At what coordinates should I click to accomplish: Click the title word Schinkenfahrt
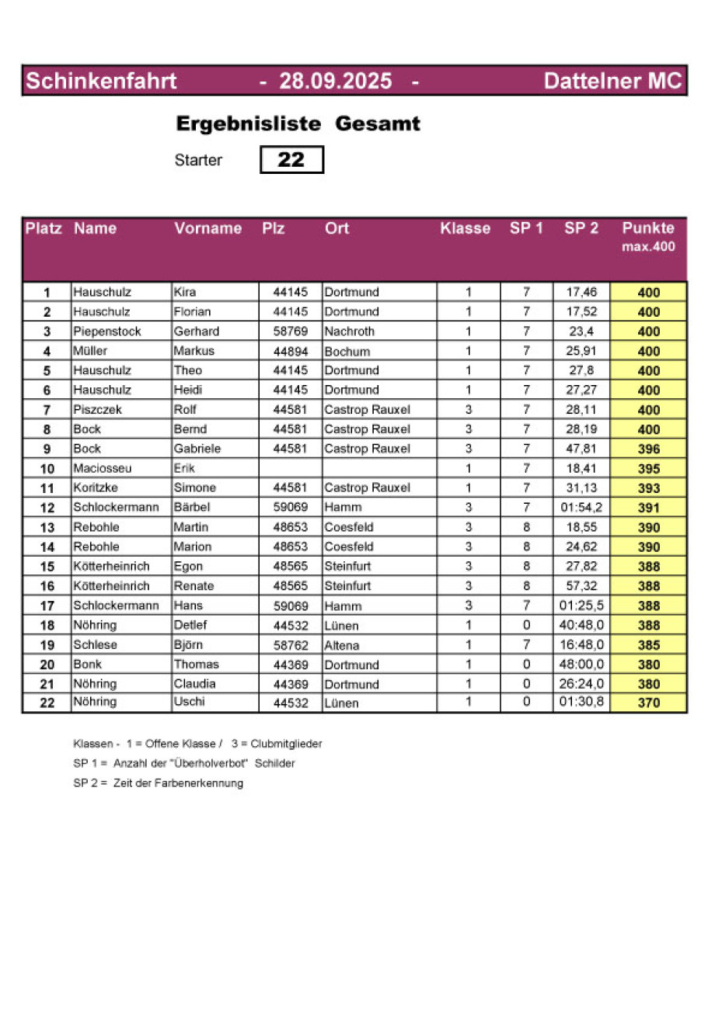tap(102, 81)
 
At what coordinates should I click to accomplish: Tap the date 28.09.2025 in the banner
tap(336, 81)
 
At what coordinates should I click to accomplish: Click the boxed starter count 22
tap(291, 160)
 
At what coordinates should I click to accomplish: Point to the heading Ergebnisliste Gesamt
tap(298, 123)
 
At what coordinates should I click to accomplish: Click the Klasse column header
tap(466, 228)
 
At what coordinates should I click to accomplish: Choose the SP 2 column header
tap(581, 228)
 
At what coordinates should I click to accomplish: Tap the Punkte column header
tap(648, 228)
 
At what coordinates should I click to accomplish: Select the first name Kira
tap(185, 293)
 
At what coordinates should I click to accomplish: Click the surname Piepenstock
tap(107, 331)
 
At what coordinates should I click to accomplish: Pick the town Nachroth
tap(349, 331)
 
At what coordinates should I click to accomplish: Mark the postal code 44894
tap(291, 352)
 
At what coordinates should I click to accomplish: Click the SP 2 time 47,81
tap(581, 449)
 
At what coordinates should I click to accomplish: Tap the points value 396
tap(648, 449)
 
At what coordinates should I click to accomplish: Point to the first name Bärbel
tap(190, 508)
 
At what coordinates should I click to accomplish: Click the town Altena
tap(342, 645)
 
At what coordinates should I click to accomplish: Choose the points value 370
tap(648, 703)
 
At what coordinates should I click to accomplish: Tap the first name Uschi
tap(188, 702)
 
